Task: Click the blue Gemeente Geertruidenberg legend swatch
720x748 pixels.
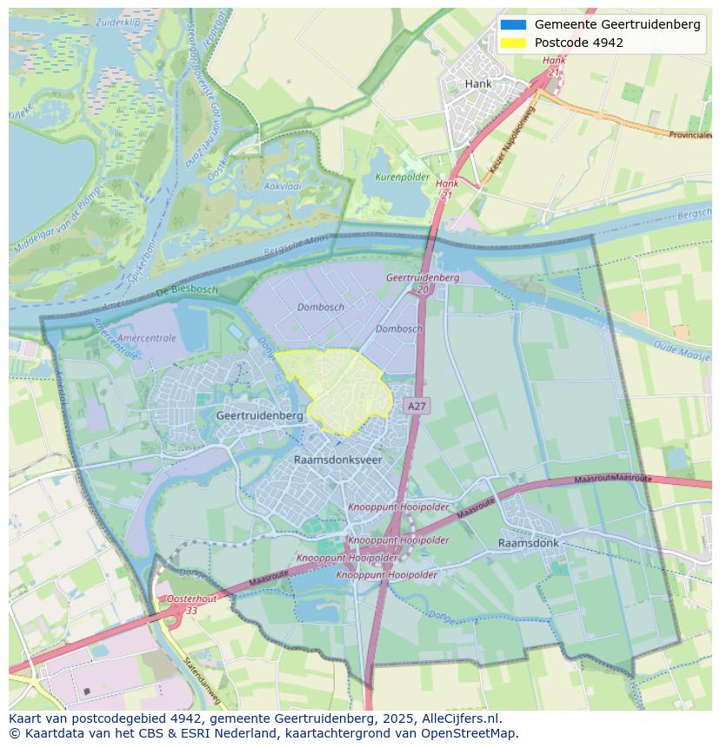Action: (x=513, y=24)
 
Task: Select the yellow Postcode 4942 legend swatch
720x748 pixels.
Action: (x=513, y=43)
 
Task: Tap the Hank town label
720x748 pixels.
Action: (x=478, y=84)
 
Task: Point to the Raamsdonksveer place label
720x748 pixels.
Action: (x=337, y=460)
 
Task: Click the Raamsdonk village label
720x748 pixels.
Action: (x=529, y=543)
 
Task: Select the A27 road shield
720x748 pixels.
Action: (x=417, y=406)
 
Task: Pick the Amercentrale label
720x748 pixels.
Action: (x=146, y=338)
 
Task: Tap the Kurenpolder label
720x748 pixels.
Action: (x=402, y=176)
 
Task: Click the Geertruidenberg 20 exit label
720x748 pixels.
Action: (x=423, y=282)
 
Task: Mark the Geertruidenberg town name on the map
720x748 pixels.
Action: (x=259, y=416)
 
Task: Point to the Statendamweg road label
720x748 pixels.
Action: (x=202, y=681)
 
